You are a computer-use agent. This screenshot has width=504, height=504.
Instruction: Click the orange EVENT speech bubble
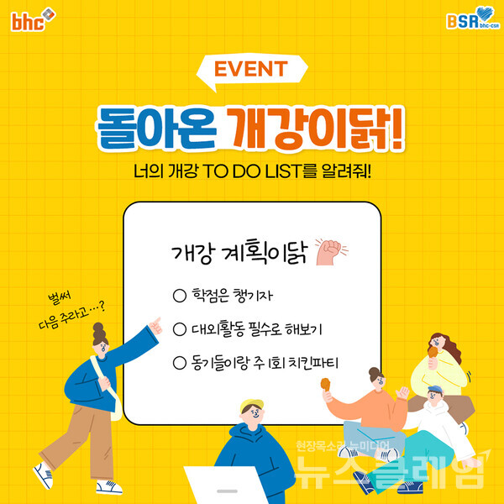point(251,69)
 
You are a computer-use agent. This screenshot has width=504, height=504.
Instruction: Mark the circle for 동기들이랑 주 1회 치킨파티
point(178,363)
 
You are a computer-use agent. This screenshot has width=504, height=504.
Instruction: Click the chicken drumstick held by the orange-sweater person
point(325,385)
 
